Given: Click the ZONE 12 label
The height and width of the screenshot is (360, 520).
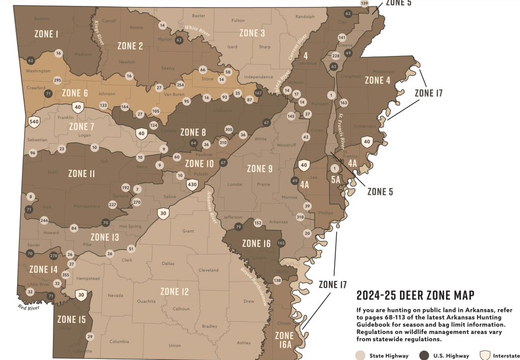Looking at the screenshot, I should point(174,292).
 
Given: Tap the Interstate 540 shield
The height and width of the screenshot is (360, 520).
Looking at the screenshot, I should point(34,122).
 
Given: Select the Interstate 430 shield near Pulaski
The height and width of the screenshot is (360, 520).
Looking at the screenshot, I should point(192,184).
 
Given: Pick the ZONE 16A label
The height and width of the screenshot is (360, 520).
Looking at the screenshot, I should point(284,340).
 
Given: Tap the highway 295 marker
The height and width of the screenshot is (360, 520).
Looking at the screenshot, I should point(57,80).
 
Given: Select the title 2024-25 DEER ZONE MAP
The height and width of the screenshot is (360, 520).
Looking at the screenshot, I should point(415,295).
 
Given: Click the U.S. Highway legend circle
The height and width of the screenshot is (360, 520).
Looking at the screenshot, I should point(424,356).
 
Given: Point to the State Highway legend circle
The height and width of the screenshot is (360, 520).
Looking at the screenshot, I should point(361,356).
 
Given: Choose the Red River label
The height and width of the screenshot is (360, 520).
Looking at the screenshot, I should point(28,307).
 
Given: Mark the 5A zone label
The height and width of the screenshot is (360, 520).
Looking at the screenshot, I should point(336,180).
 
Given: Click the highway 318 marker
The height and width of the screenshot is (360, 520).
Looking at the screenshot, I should point(300,217).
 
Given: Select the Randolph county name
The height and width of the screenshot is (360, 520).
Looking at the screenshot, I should point(305,17).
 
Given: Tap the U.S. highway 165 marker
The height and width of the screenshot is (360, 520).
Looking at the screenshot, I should point(281,243).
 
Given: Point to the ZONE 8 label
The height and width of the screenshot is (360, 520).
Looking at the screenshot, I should point(190,132).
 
